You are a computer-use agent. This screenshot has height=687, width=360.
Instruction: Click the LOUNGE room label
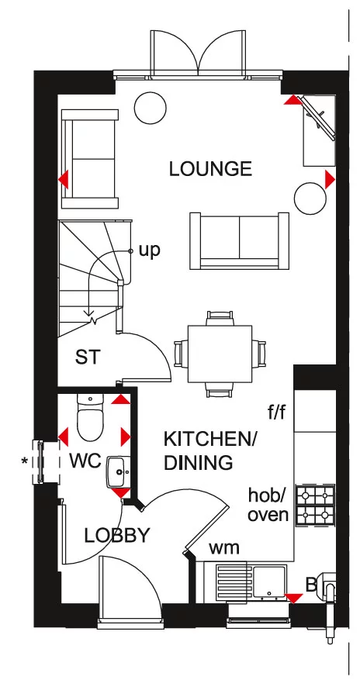(x=210, y=169)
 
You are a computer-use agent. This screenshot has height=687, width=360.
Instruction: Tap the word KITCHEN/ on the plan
(x=209, y=439)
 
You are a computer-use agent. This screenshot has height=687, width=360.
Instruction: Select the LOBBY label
(x=117, y=535)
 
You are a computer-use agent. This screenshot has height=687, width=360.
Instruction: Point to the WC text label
(x=85, y=461)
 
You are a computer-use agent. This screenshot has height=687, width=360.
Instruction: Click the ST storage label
(x=87, y=357)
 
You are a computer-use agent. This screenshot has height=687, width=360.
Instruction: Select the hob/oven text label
(x=268, y=504)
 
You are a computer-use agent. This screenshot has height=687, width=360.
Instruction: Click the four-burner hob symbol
(x=316, y=504)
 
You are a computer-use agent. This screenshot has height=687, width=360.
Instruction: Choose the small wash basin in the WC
(x=118, y=470)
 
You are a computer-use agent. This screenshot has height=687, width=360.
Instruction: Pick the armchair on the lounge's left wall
(x=89, y=158)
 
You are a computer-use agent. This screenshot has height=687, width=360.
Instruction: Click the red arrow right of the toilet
(x=125, y=436)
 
